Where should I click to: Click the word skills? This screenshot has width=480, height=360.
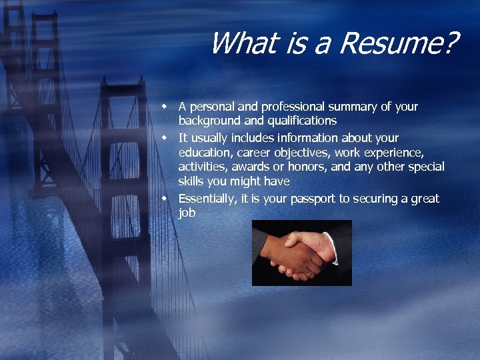pyautogui.click(x=192, y=181)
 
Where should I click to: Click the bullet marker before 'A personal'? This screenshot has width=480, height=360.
pyautogui.click(x=170, y=106)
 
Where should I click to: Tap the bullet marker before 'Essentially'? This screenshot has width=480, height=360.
pyautogui.click(x=170, y=198)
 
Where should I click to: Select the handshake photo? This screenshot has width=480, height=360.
pyautogui.click(x=301, y=253)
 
